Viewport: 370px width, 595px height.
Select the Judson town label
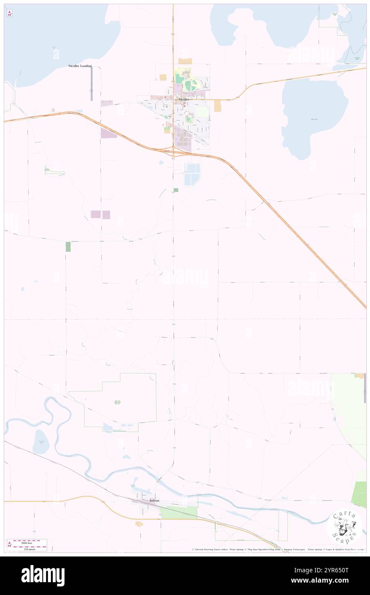154,500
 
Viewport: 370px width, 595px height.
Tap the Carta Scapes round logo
344,527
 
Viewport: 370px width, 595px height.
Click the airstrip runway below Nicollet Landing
91,84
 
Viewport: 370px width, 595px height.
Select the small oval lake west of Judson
41,441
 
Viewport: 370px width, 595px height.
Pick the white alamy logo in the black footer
43,576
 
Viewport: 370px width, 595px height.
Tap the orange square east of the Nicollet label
217,105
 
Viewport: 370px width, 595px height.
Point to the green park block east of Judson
179,512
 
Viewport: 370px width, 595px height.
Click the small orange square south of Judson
139,524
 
